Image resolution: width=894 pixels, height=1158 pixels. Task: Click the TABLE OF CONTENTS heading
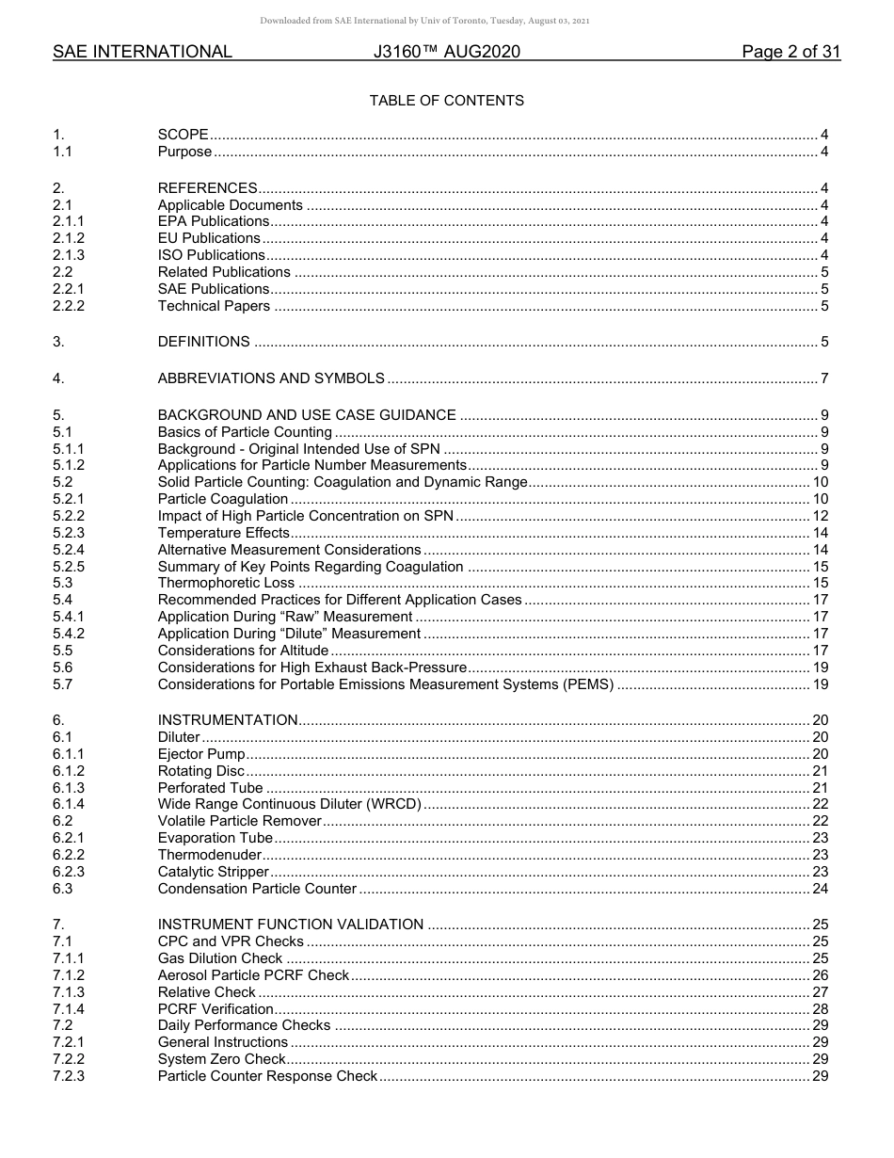click(446, 101)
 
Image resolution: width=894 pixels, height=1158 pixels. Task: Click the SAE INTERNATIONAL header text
click(142, 53)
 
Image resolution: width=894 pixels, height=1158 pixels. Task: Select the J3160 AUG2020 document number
click(446, 53)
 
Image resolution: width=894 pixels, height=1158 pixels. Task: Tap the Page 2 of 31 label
click(790, 53)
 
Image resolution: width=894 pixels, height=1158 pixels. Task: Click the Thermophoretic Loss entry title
click(226, 584)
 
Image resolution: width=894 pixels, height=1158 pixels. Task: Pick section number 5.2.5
click(69, 567)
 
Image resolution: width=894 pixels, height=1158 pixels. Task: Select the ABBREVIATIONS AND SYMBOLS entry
click(271, 378)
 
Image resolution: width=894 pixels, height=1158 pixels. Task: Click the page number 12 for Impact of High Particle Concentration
click(820, 516)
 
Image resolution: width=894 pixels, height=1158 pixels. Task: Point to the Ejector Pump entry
click(201, 754)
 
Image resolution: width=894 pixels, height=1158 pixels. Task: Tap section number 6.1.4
click(69, 804)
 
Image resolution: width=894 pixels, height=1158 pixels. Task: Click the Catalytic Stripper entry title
click(214, 872)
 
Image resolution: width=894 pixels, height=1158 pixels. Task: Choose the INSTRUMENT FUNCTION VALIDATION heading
click(291, 925)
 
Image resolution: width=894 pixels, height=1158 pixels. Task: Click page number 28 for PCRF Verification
click(820, 1009)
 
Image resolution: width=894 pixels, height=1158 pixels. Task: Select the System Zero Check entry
click(222, 1059)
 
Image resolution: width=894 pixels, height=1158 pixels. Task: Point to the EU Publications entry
click(209, 238)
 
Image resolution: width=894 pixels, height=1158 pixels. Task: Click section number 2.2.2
click(69, 306)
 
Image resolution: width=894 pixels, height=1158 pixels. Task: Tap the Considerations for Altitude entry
click(243, 651)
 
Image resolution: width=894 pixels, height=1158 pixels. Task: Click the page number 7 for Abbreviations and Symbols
click(824, 378)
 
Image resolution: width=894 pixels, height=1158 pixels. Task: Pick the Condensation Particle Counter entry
click(257, 889)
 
